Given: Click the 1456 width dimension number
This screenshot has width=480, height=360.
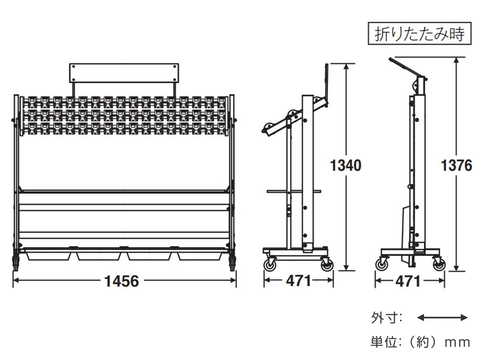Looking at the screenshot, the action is (x=122, y=281).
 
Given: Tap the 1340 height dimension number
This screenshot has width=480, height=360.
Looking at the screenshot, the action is (x=346, y=166).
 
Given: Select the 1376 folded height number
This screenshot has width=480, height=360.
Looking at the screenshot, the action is (x=456, y=166).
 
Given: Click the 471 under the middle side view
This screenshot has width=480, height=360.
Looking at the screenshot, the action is (x=298, y=281).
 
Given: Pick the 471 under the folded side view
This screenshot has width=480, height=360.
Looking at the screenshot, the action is (x=408, y=281).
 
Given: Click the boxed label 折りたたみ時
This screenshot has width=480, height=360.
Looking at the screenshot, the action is (x=420, y=34).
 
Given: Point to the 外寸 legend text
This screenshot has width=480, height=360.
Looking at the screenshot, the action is (x=387, y=318).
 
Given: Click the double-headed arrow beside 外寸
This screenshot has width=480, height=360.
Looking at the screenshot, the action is (x=442, y=318).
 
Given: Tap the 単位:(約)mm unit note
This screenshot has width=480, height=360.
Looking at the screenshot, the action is (x=420, y=342).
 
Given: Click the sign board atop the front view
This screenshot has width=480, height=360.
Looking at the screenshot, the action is (x=124, y=73).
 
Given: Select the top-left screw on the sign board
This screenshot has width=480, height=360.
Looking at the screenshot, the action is (x=74, y=66).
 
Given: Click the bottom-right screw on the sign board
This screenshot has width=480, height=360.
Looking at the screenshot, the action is (x=174, y=80).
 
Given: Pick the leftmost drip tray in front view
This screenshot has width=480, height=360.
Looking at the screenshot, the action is (x=48, y=256).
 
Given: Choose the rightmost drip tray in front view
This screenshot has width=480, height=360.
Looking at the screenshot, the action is (x=200, y=256).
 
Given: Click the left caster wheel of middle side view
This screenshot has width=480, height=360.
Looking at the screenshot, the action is (x=270, y=265).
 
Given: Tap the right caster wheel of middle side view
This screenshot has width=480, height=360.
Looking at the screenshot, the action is (x=327, y=265).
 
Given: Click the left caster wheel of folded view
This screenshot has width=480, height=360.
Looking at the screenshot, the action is (x=382, y=265).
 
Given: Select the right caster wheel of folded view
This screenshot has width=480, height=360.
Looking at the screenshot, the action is (x=439, y=265).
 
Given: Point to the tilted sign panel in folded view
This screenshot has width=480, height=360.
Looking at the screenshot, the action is (x=406, y=68).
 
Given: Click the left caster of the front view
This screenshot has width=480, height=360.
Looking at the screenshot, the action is (x=16, y=262).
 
